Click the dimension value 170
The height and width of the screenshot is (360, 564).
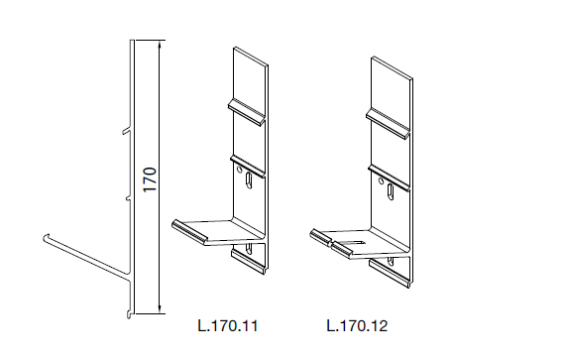click(x=150, y=180)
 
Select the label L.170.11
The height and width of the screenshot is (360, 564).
click(x=228, y=326)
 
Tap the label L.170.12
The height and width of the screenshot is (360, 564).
click(x=357, y=326)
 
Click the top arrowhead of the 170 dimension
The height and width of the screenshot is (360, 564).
click(x=160, y=46)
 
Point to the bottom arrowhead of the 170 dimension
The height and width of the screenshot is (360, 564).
click(x=160, y=308)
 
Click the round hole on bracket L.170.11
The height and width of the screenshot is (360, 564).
click(x=239, y=170)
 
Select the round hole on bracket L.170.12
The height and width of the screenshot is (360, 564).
click(x=381, y=181)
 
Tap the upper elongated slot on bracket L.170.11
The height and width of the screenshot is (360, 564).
click(x=248, y=180)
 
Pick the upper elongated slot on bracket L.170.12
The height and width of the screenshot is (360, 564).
click(x=391, y=191)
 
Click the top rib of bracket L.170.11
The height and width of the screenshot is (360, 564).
click(x=247, y=112)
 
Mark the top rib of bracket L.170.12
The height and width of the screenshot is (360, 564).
click(x=388, y=123)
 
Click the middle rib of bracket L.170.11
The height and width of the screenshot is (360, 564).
click(x=248, y=166)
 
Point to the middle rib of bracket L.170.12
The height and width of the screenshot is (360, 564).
click(x=389, y=178)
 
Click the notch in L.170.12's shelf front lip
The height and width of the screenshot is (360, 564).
click(x=329, y=244)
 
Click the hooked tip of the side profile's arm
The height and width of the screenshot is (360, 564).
click(x=46, y=237)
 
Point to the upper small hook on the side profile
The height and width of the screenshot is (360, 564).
click(x=126, y=130)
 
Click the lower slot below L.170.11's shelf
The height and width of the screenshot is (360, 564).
click(x=248, y=248)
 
